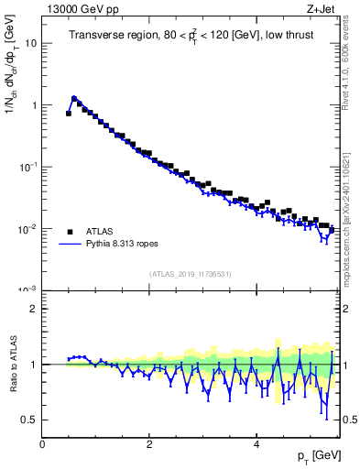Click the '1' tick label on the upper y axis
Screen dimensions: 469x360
point(34,105)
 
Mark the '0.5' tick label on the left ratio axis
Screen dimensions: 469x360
point(30,420)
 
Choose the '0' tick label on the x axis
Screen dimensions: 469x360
point(42,443)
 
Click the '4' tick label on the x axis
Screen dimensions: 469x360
point(256,443)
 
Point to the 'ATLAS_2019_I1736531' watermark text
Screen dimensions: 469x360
point(189,273)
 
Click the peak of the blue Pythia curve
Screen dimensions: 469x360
point(74,97)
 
